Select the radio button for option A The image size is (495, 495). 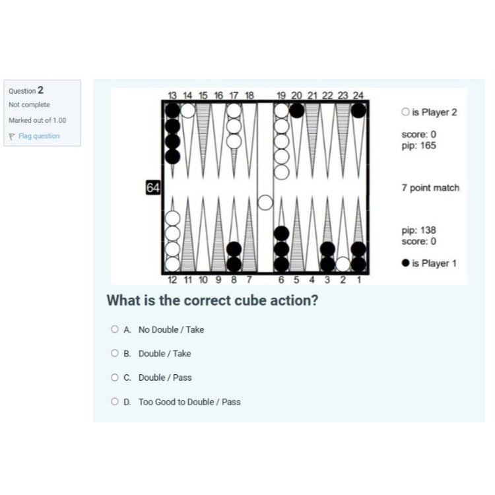tap(115, 329)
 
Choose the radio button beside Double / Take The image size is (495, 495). tap(115, 353)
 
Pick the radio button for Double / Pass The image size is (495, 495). tap(115, 378)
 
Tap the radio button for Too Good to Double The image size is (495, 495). tap(115, 401)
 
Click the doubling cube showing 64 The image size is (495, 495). tap(153, 187)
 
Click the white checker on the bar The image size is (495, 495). tap(265, 203)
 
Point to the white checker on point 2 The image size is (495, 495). tap(343, 264)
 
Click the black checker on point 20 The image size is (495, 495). tap(297, 110)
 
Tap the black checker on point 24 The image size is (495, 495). tap(358, 110)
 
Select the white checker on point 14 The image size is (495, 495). tap(188, 110)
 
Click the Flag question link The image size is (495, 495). tap(39, 136)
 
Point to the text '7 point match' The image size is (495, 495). tap(430, 188)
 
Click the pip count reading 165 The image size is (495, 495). tap(419, 146)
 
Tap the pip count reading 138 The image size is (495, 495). tap(419, 230)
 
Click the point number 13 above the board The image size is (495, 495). tap(172, 95)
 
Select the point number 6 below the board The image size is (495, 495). tap(281, 280)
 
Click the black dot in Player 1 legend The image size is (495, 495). tap(406, 263)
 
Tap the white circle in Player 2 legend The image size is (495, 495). tap(406, 112)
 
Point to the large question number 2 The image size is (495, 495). tap(40, 90)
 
